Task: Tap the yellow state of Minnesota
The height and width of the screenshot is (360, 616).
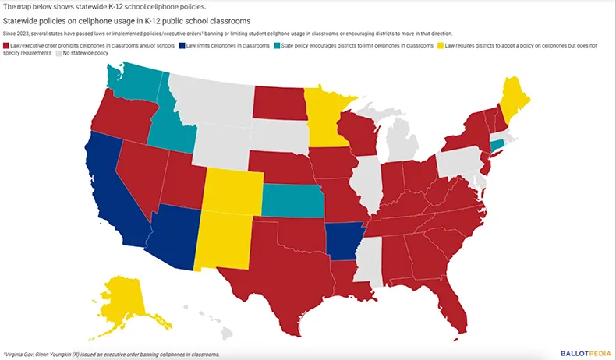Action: pyautogui.click(x=324, y=117)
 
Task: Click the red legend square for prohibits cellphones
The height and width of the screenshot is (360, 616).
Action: pyautogui.click(x=7, y=47)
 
